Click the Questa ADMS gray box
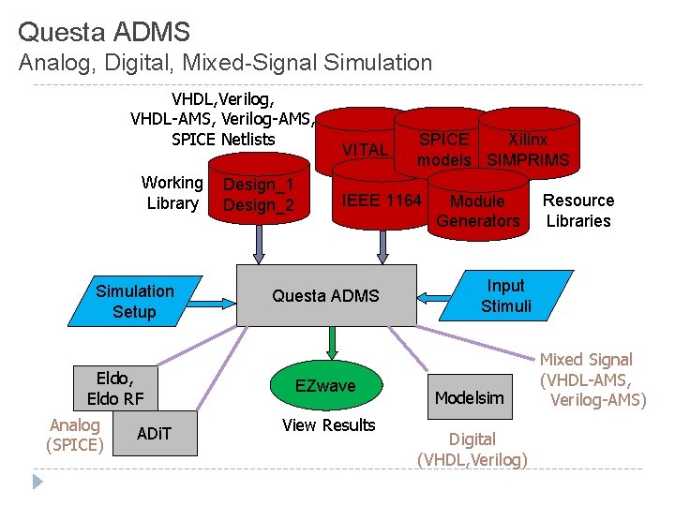(327, 295)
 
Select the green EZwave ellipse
(326, 385)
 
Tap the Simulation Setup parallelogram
(135, 301)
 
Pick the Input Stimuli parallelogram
(506, 295)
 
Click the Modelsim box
(470, 396)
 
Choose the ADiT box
(155, 433)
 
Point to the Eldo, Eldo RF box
(115, 389)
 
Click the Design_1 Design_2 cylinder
(259, 188)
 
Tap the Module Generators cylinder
(478, 205)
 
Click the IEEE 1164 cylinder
(381, 195)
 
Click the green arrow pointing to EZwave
(332, 343)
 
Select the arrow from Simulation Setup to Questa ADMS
(212, 304)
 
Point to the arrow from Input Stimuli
(434, 298)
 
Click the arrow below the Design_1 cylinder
(259, 245)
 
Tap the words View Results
(328, 425)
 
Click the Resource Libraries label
(578, 211)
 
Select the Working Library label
(172, 193)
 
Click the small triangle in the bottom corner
(37, 482)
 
